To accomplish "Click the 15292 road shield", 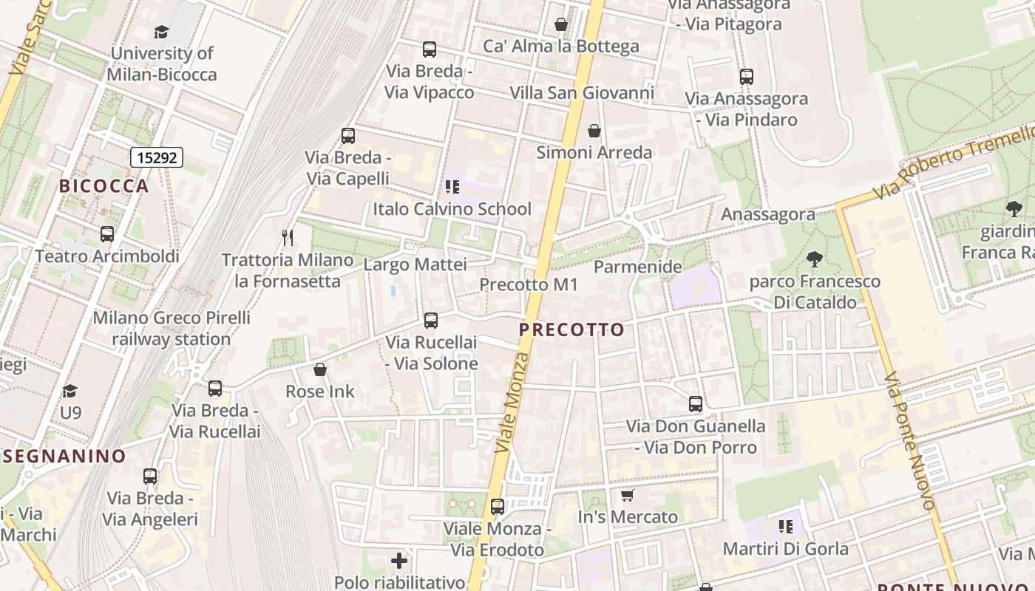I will (156, 157).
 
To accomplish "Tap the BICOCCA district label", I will (104, 186).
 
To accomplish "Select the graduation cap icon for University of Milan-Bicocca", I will (161, 32).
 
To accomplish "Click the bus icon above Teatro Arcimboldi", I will (107, 234).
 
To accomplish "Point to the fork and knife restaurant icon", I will (288, 237).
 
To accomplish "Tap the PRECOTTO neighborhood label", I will (571, 329).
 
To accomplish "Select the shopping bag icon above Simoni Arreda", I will (594, 131).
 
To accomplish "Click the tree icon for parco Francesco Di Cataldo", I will (815, 259).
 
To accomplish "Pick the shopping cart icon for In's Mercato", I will (628, 495).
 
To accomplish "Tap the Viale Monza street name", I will (512, 403).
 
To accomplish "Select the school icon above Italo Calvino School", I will (452, 187).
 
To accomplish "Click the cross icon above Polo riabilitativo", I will (399, 561).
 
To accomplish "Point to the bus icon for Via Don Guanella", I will (695, 404).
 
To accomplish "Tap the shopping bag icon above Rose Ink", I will (320, 369).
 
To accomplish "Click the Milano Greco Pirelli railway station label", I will (172, 329).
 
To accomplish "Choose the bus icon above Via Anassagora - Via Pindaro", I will (746, 76).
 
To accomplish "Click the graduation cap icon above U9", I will (70, 390).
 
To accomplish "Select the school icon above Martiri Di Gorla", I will (785, 527).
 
